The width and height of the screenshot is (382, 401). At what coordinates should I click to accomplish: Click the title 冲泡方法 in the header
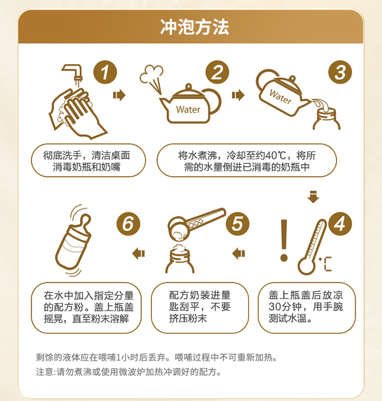(195, 27)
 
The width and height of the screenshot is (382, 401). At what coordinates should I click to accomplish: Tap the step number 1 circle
(105, 72)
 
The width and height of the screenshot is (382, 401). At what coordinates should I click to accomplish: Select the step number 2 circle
(217, 72)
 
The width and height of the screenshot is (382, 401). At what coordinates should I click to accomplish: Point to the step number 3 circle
(340, 72)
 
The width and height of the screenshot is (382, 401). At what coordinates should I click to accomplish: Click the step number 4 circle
(340, 224)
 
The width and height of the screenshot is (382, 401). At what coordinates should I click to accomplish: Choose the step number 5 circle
(237, 224)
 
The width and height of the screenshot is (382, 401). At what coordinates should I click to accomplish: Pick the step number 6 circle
(128, 224)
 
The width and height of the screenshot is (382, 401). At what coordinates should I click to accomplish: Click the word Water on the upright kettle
(188, 110)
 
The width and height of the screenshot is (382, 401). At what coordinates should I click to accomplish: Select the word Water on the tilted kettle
(281, 97)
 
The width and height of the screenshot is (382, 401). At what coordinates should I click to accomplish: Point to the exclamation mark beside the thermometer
(284, 240)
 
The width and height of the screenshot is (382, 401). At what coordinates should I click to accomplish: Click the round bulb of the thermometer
(307, 267)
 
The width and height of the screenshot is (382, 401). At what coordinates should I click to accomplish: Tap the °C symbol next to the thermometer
(325, 264)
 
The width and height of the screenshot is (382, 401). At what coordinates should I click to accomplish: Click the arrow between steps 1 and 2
(119, 95)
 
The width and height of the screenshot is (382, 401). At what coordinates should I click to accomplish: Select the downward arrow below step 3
(313, 196)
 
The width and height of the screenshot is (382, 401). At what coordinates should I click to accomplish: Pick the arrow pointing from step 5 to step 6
(139, 254)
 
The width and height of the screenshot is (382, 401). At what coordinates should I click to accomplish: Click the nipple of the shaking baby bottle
(85, 223)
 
